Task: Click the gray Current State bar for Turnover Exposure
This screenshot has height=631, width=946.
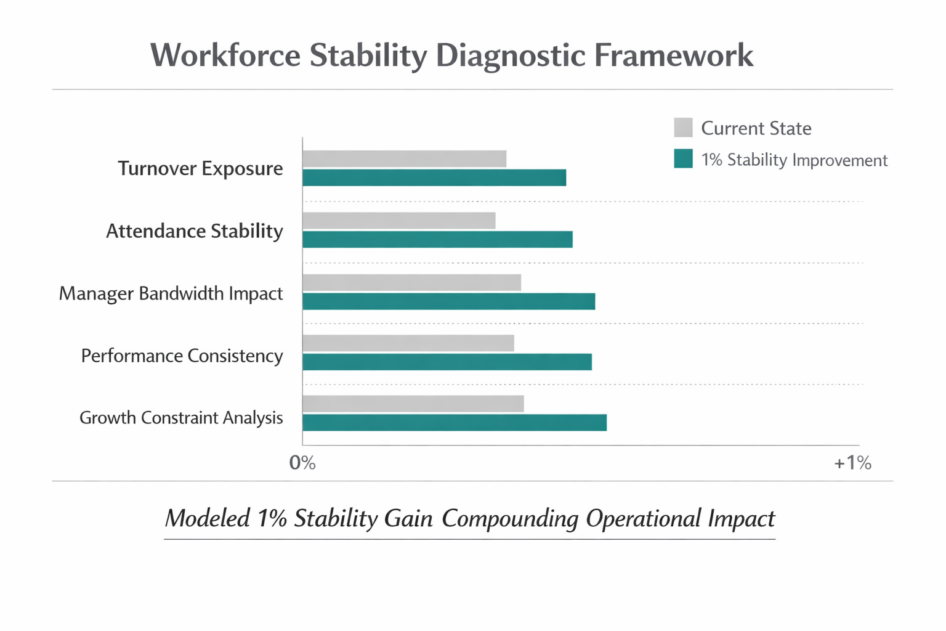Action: (404, 158)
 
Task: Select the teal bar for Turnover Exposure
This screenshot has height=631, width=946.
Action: (434, 177)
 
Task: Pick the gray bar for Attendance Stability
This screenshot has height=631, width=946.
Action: (398, 221)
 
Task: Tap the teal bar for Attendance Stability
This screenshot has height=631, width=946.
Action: (437, 240)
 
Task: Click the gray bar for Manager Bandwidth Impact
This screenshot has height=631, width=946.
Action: (411, 282)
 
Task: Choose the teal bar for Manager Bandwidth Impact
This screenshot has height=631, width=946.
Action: (448, 301)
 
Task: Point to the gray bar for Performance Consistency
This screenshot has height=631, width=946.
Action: (408, 343)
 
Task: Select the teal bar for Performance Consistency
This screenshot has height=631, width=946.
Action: (447, 362)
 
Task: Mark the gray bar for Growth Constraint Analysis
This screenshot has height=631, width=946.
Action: (413, 404)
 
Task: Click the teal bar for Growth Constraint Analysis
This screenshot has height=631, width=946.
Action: (454, 423)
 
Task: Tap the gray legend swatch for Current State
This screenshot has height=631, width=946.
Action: (683, 128)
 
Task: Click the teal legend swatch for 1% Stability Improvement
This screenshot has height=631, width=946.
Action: (683, 159)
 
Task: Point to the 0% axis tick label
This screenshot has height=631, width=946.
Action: (302, 463)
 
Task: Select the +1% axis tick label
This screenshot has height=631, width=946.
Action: (852, 463)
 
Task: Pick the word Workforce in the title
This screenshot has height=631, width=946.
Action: (225, 55)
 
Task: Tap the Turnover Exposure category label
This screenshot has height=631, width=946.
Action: (200, 168)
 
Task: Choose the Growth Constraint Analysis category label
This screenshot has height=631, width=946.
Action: (181, 418)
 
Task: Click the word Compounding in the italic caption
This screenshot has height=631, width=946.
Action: (510, 518)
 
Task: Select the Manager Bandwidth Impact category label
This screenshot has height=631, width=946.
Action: (171, 293)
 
